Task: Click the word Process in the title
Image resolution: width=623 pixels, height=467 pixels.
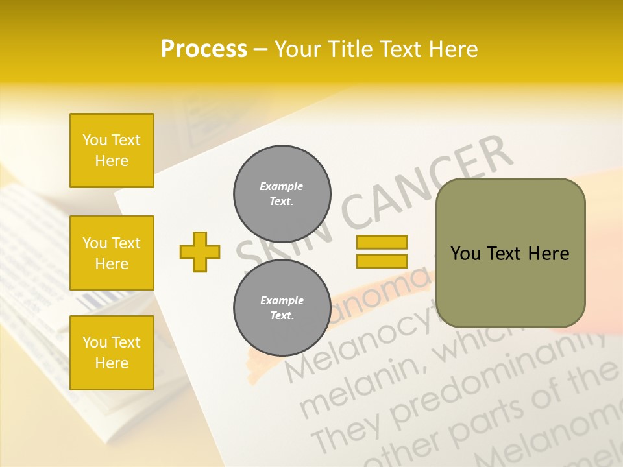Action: tap(204, 49)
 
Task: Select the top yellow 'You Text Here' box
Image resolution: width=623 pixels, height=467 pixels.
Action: tap(112, 150)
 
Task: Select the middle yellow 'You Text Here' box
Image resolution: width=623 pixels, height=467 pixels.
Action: tap(112, 253)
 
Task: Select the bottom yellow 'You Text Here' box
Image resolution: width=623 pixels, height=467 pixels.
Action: tap(112, 353)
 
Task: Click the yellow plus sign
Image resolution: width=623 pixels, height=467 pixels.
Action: tap(200, 252)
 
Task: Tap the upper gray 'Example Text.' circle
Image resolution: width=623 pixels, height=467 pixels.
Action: tap(282, 194)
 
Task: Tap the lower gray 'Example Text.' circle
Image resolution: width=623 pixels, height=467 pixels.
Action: tap(282, 308)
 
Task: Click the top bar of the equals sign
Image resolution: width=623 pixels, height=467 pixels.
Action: tap(382, 243)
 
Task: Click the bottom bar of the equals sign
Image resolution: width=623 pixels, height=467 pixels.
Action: tap(382, 261)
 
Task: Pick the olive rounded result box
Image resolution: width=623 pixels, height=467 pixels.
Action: tap(510, 253)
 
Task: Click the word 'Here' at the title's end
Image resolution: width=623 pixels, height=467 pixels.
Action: tap(452, 49)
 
